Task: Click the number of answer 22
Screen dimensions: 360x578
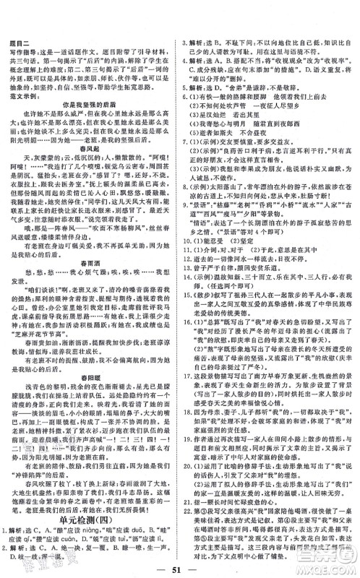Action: coord(189,529)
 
